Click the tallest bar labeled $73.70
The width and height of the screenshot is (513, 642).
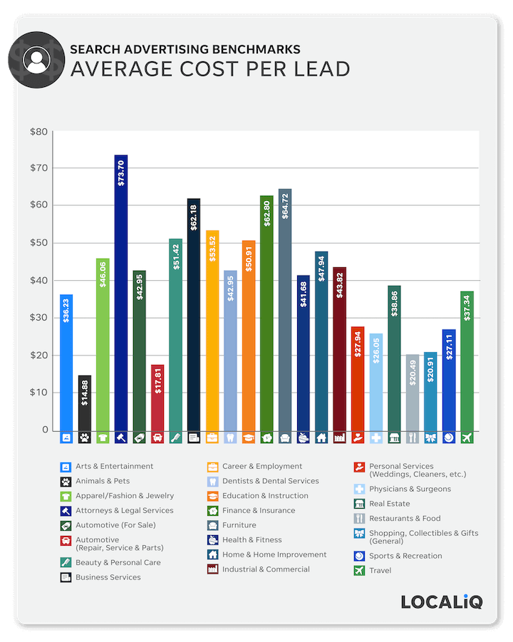(121, 292)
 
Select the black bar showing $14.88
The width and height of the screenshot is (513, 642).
(85, 403)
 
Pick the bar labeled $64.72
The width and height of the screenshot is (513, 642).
(285, 310)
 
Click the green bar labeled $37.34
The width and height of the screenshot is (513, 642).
(467, 361)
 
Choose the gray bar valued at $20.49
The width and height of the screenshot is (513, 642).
(413, 392)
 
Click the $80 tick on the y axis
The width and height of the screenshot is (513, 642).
(38, 132)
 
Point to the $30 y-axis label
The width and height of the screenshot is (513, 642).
(38, 318)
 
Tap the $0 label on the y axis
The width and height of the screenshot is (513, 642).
(44, 430)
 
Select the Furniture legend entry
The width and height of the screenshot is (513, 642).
(239, 525)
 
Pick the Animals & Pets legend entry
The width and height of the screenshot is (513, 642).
(103, 481)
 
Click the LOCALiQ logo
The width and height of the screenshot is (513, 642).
(441, 601)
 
